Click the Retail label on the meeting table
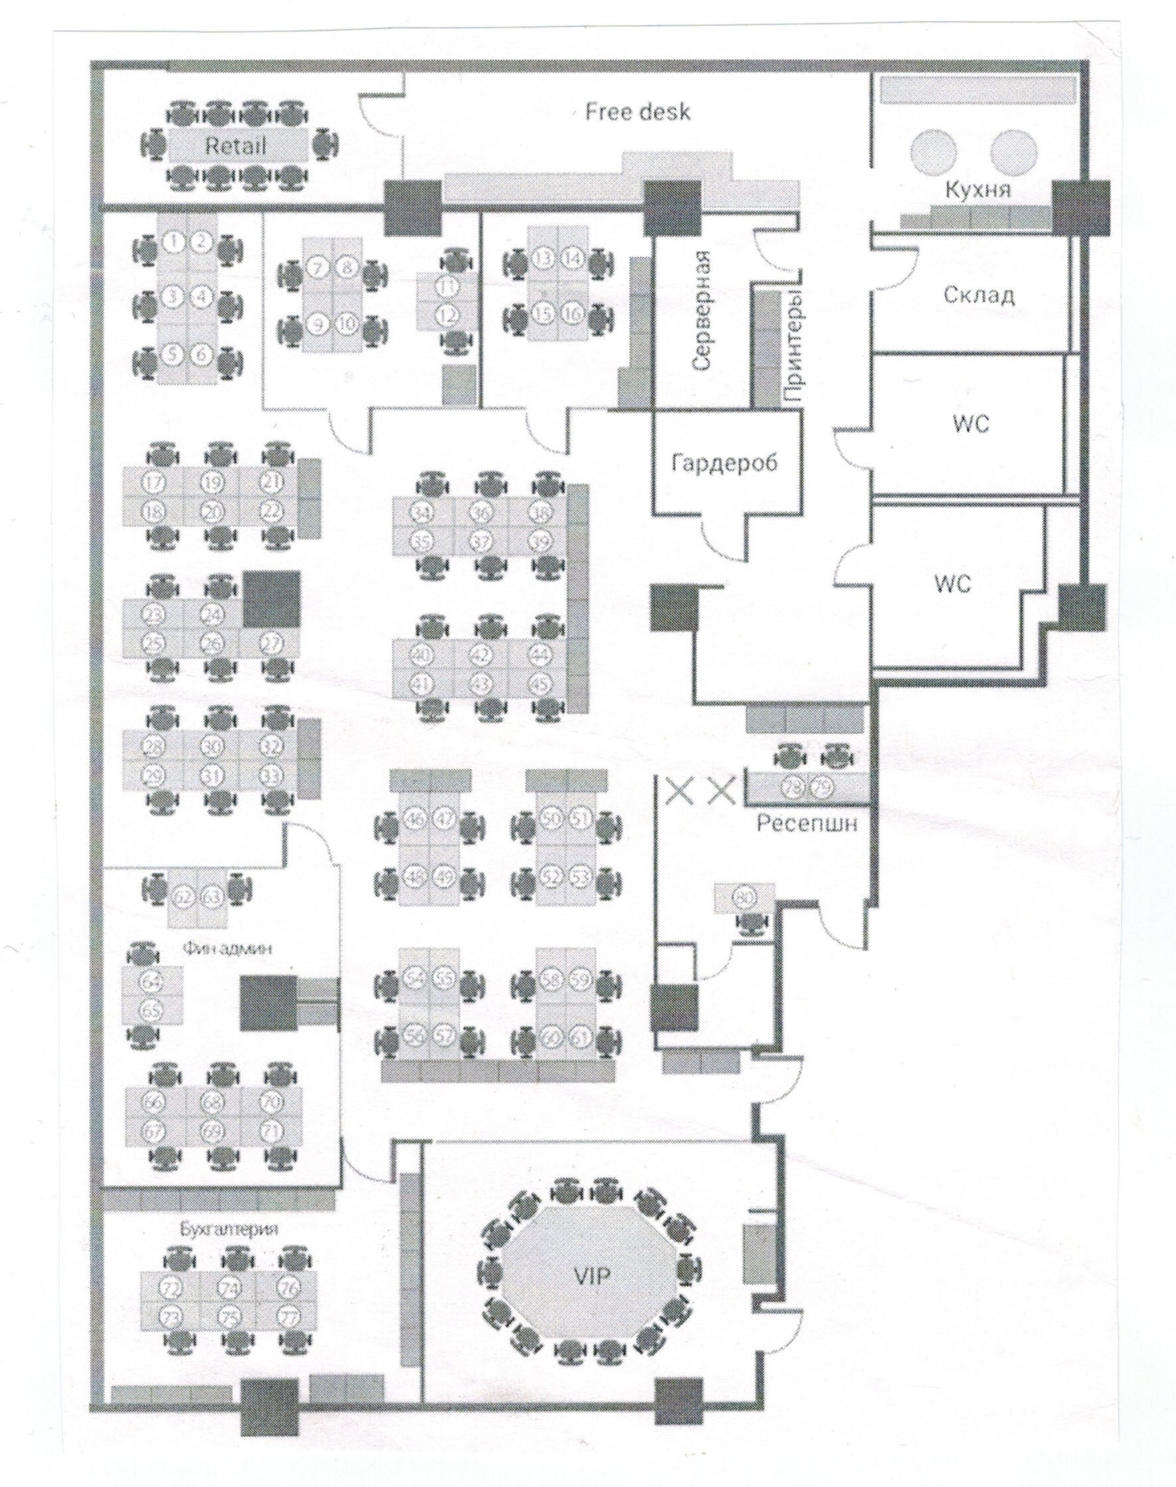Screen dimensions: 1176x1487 click(x=235, y=146)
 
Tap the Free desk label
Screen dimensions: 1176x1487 click(x=638, y=112)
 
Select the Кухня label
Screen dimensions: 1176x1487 click(x=978, y=190)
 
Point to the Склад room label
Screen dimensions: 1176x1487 click(x=978, y=296)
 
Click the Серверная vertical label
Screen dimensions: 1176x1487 click(x=702, y=320)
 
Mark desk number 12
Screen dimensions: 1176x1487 click(x=448, y=316)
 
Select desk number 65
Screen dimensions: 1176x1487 click(x=151, y=1010)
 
